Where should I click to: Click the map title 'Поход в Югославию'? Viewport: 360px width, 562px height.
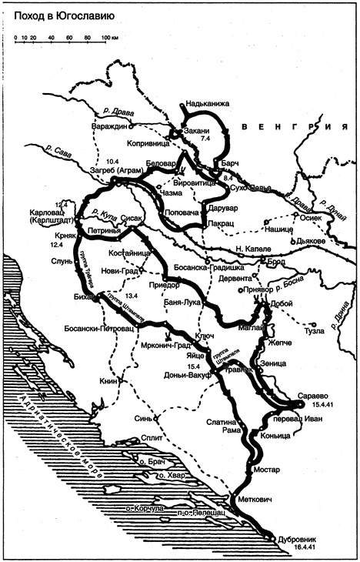coord(58,13)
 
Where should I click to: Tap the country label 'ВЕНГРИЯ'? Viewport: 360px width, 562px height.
coord(292,127)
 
